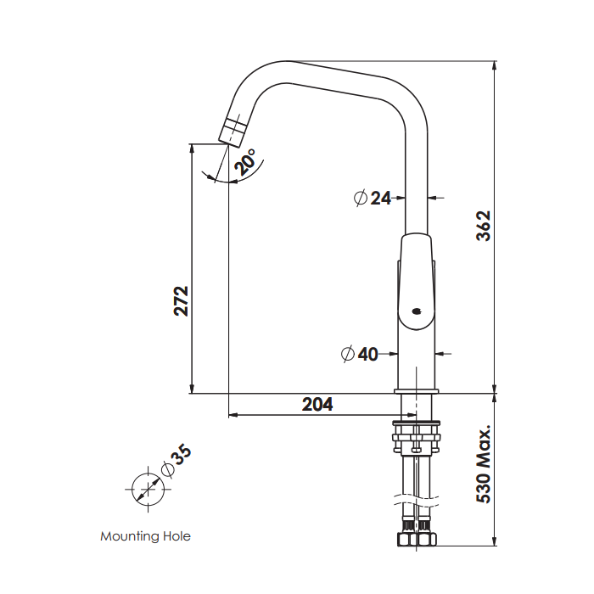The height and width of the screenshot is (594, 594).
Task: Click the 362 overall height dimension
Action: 483,227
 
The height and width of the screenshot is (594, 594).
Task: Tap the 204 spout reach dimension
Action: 317,405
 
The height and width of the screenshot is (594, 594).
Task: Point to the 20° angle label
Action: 247,162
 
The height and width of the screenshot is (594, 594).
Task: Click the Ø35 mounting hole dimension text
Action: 176,463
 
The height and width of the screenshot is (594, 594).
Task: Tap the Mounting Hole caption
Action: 145,536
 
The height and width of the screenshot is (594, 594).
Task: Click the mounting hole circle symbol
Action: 145,490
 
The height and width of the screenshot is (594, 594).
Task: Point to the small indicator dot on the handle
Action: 414,311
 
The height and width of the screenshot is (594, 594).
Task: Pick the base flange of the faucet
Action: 416,389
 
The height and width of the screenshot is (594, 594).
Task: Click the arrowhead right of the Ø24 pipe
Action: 434,198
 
